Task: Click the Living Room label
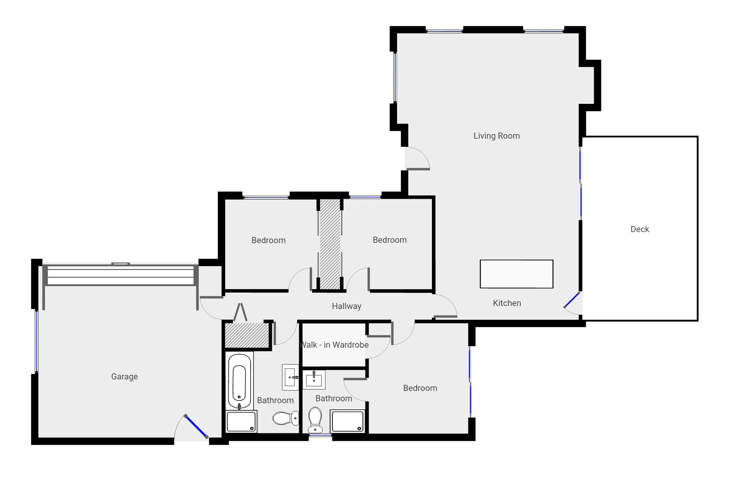497,136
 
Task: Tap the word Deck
640,229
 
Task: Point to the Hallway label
347,306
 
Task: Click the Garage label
124,376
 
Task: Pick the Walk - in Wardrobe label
334,345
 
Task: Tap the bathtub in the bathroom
239,381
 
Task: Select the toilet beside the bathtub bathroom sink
286,418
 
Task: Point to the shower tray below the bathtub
241,421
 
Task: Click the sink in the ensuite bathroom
314,380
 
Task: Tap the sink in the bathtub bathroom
290,377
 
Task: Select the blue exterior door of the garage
196,427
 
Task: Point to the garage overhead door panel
120,275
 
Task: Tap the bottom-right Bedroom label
420,388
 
